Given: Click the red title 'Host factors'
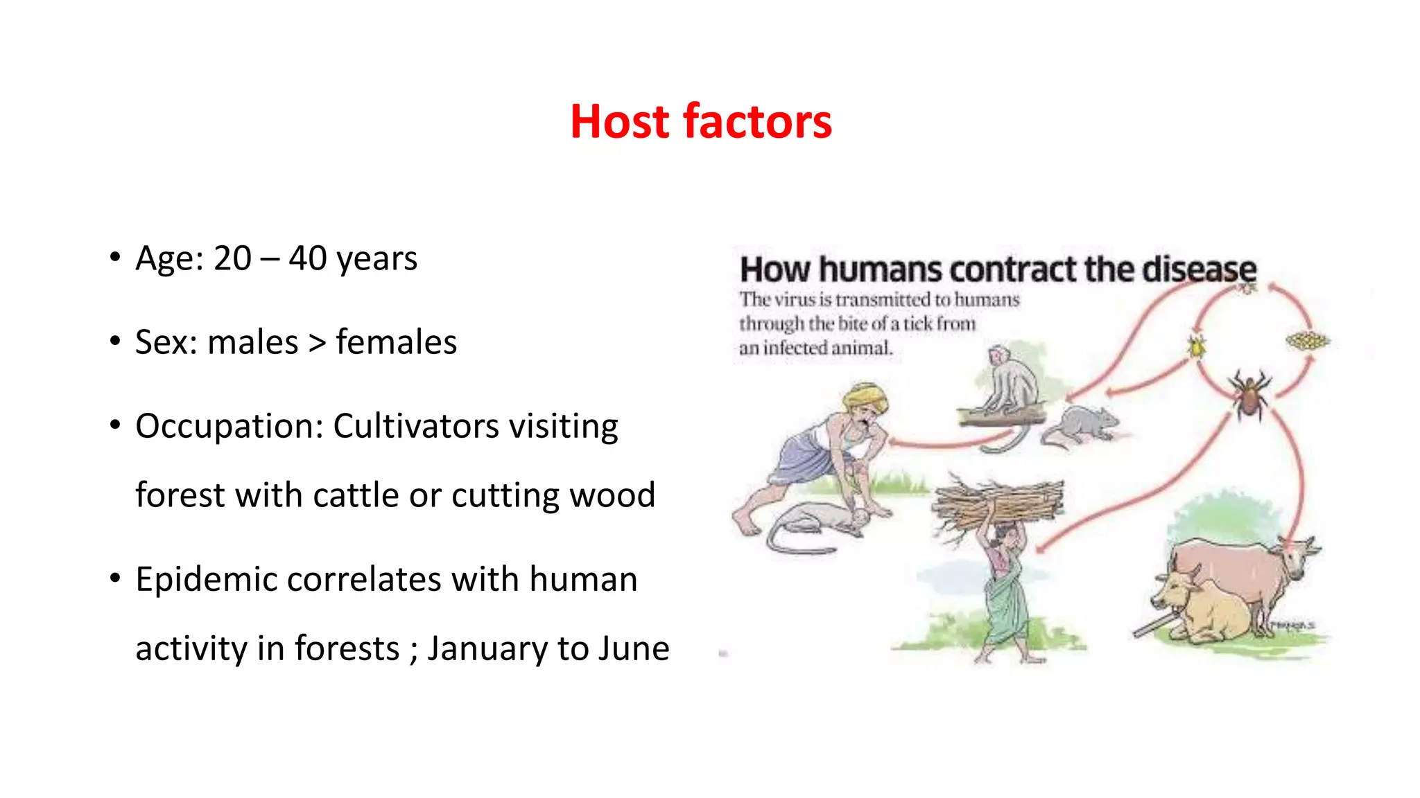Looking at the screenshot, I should click(x=700, y=121).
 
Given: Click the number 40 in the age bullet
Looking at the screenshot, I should click(x=307, y=258).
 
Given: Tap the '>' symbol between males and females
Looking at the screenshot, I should click(x=317, y=342).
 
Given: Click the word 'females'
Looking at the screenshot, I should click(x=396, y=342).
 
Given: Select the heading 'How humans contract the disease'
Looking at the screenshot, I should click(x=997, y=269).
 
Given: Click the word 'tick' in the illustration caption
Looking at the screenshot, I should click(x=917, y=323).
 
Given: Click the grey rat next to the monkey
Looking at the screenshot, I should click(x=1082, y=424).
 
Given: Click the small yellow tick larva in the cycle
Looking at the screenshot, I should click(x=1196, y=346).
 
